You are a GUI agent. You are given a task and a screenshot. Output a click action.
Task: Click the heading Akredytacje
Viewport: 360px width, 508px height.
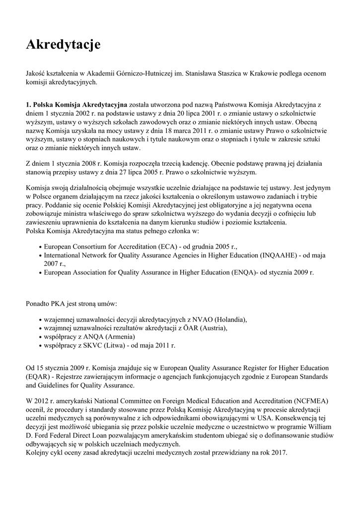(x=63, y=45)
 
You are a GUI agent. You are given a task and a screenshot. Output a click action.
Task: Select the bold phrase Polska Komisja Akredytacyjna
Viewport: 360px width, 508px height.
(x=77, y=105)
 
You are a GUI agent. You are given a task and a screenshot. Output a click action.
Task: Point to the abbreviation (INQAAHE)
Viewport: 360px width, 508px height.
(x=278, y=255)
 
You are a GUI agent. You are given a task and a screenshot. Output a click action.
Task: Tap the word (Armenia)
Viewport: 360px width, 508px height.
(x=118, y=336)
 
